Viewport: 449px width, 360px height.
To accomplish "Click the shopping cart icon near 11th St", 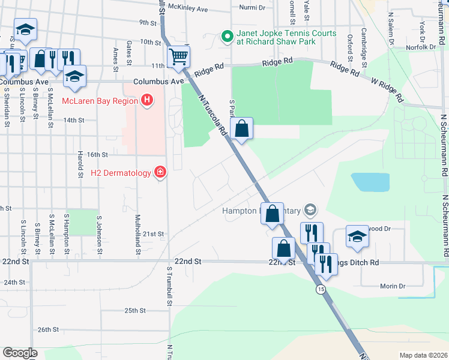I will (x=178, y=57).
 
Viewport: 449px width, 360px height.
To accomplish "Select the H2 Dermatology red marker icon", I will (x=160, y=173).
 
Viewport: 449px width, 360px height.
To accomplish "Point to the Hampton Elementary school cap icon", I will (x=310, y=210).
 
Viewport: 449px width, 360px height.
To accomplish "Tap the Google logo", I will (x=20, y=353).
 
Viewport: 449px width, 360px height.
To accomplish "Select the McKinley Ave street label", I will (x=188, y=9).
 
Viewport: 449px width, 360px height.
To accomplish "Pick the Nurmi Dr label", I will (x=252, y=8).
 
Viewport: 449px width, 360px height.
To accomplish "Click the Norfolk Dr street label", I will (x=420, y=47).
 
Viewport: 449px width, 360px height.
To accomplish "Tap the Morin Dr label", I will (x=393, y=286).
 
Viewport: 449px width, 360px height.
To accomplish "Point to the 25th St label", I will (x=135, y=310).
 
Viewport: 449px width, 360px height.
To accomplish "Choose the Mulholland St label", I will (x=137, y=235).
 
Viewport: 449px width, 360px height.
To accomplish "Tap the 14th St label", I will (x=74, y=120).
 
